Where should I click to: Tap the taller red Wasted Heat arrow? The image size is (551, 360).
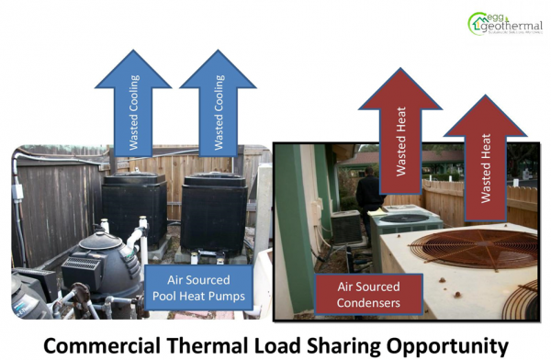tap(400, 138)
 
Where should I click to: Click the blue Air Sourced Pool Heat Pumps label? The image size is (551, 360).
tap(198, 287)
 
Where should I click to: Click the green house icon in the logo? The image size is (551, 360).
tap(479, 22)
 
